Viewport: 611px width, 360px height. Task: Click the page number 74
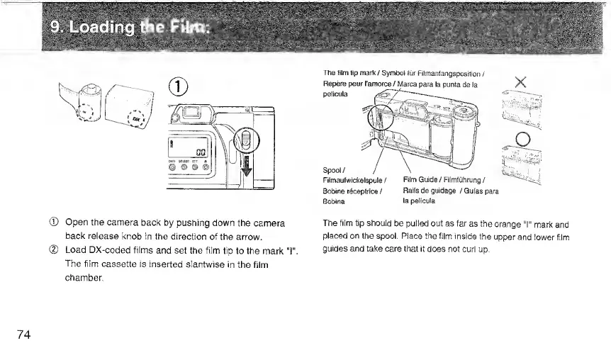[x=23, y=334]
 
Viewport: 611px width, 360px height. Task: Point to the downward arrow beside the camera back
[x=246, y=181]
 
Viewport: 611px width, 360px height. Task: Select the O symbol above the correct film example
[x=525, y=136]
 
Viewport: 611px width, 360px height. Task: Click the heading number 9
[x=55, y=28]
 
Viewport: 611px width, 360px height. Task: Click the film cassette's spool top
[x=90, y=89]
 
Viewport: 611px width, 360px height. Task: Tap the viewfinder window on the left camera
[x=189, y=113]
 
